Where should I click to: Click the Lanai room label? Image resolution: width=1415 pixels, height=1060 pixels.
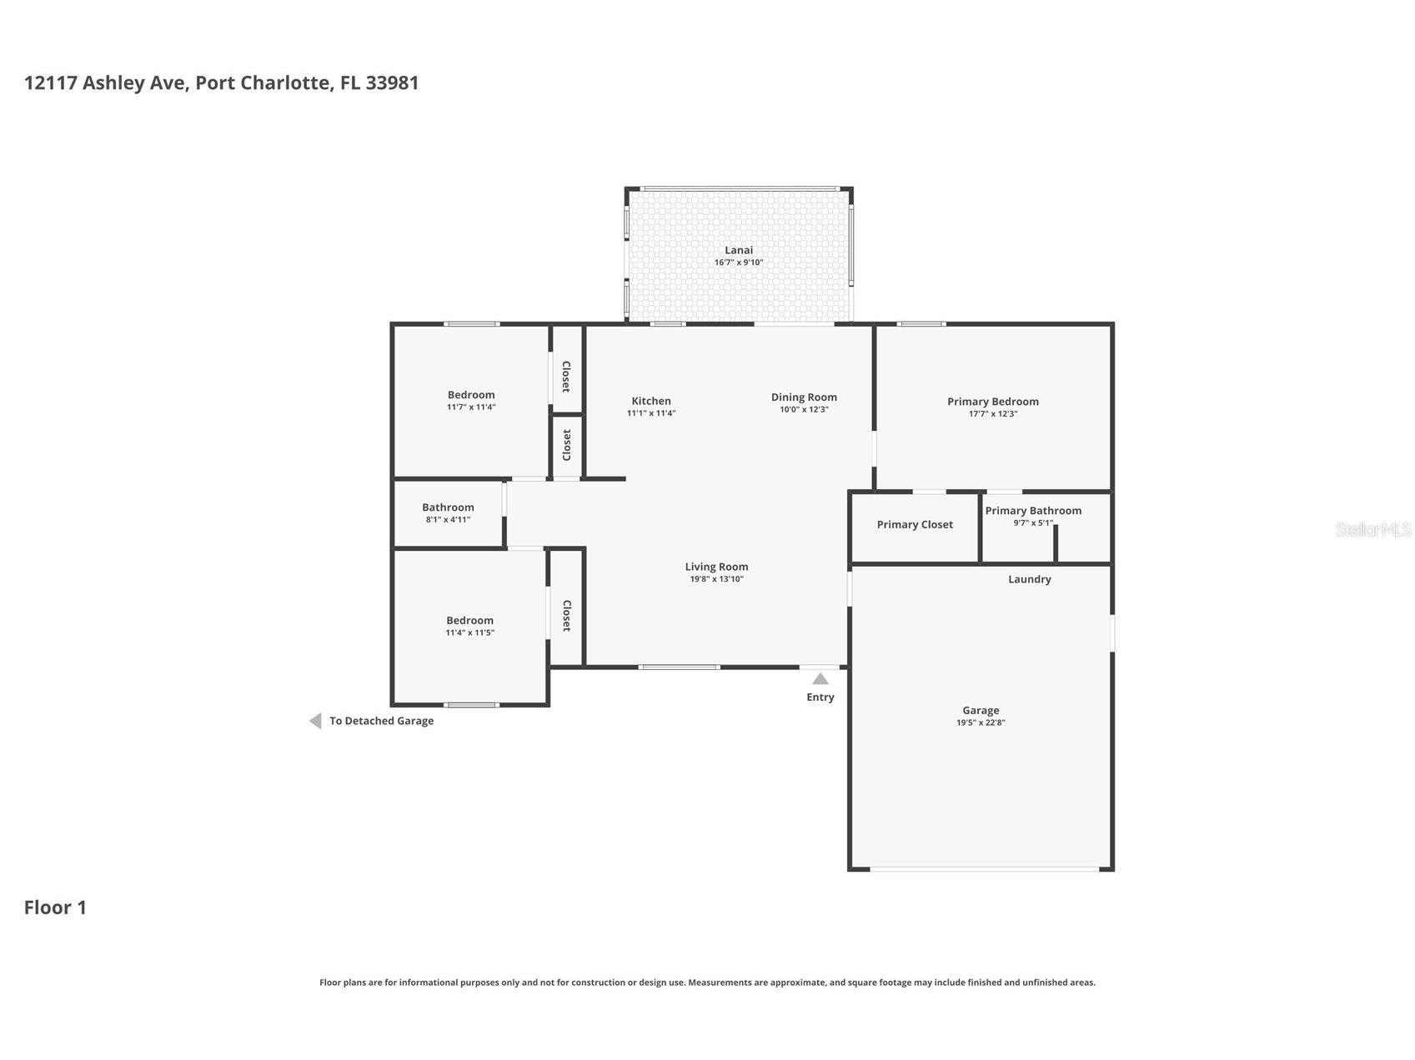coord(739,250)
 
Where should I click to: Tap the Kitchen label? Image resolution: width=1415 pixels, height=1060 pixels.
coord(651,401)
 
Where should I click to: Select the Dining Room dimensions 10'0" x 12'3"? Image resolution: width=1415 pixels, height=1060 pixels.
coord(804,410)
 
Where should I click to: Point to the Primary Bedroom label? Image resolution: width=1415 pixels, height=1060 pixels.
coord(993,402)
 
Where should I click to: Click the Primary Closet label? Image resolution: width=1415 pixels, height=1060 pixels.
coord(915,525)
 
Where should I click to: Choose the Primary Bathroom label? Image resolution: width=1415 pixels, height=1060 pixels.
coord(1033,511)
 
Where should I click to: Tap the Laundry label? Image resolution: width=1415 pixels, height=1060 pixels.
coord(1030,579)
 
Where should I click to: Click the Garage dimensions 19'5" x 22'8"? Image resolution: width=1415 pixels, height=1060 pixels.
coord(981,723)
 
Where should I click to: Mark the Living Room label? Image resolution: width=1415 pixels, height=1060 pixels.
coord(717,567)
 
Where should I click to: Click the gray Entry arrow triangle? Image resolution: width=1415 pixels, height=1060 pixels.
coord(820,679)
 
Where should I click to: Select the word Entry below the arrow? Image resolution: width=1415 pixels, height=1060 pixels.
coord(820,697)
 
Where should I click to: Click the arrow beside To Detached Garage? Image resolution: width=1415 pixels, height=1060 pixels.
coord(315,721)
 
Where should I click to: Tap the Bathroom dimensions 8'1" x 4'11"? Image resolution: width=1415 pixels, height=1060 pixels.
coord(448,520)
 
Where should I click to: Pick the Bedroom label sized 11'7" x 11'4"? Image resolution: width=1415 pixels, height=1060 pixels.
coord(471,395)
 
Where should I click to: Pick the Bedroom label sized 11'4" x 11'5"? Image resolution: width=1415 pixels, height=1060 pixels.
coord(470,621)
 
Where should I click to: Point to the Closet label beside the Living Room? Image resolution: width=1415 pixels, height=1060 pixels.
coord(566,615)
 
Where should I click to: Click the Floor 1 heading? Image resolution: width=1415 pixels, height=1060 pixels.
coord(55,907)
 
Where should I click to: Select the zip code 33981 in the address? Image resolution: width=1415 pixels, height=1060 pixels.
coord(392,82)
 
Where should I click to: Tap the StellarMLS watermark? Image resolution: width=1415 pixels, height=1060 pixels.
coord(1373,529)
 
